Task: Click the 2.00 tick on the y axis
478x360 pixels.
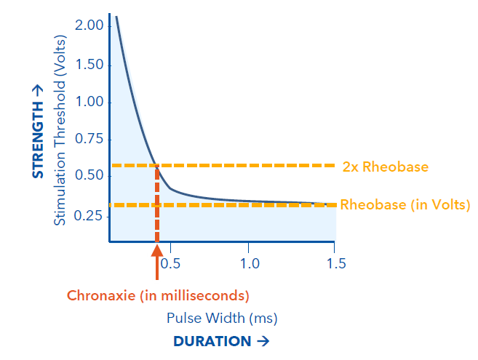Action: [90, 27]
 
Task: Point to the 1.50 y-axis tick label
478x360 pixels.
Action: [90, 65]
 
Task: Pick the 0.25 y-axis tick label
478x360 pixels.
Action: [90, 215]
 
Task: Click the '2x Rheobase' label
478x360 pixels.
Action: [385, 167]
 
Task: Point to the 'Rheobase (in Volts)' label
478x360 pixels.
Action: [405, 204]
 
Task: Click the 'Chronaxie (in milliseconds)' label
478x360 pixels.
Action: [158, 296]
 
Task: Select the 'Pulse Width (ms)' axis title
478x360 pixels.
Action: [222, 318]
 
